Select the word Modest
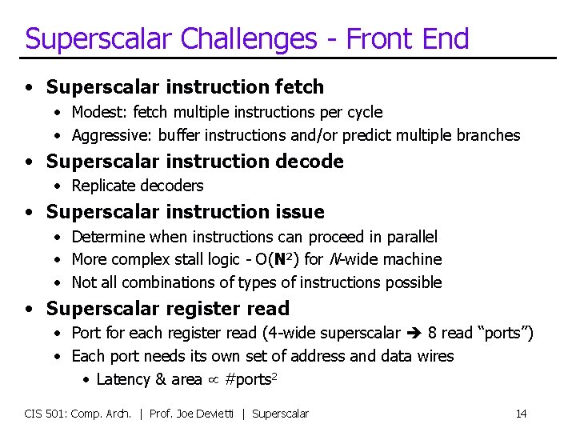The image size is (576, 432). tap(94, 112)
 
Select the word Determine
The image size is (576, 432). tap(106, 237)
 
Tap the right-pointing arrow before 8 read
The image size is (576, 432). tap(415, 333)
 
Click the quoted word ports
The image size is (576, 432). tap(502, 333)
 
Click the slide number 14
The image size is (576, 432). tap(521, 414)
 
